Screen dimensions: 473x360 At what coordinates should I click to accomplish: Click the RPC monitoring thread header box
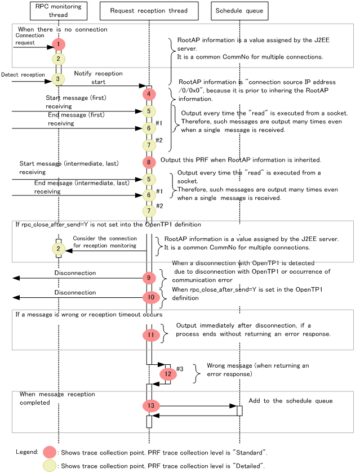[58, 11]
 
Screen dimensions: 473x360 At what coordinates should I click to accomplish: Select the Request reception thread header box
[148, 11]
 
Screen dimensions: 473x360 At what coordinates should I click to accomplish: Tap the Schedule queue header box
[239, 11]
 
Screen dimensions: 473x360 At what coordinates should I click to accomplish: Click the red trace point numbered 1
[58, 43]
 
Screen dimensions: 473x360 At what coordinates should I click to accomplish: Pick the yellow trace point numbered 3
[57, 79]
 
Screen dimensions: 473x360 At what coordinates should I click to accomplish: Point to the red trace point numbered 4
[149, 94]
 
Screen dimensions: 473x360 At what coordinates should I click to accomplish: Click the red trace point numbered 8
[149, 162]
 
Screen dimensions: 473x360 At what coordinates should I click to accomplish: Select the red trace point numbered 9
[149, 278]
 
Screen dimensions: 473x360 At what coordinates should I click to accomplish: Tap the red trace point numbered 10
[151, 297]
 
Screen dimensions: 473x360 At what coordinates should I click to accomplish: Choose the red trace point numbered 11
[150, 334]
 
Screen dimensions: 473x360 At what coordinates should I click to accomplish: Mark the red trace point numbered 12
[168, 373]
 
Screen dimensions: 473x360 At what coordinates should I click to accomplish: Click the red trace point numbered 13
[150, 405]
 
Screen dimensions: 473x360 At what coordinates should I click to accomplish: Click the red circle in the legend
[50, 452]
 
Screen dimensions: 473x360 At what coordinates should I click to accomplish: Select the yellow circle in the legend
[50, 466]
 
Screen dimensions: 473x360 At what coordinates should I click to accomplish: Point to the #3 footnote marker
[180, 369]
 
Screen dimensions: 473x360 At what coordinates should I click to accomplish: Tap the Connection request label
[30, 39]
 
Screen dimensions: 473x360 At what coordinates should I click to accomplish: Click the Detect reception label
[23, 74]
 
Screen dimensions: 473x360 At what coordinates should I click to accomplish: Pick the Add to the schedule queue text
[290, 401]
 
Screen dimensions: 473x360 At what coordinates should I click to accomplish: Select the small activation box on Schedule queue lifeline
[239, 410]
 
